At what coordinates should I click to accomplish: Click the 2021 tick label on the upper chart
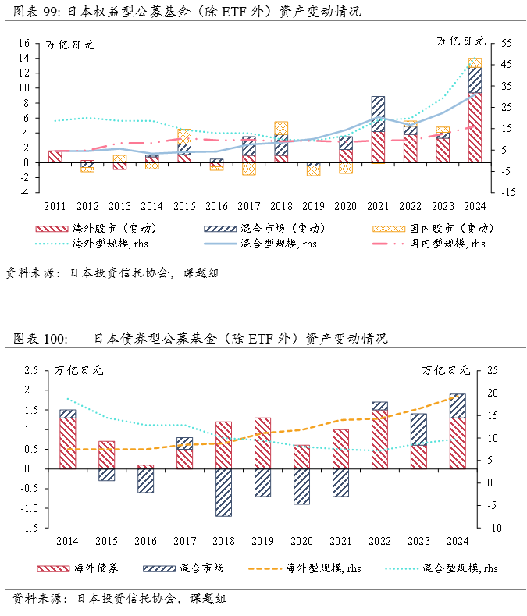coord(377,206)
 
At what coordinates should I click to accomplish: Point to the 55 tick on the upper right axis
coord(496,43)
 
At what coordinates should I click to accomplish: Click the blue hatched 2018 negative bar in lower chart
coord(224,493)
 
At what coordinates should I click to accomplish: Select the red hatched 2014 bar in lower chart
coord(68,443)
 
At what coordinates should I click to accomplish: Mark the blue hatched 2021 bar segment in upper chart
coord(378,114)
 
